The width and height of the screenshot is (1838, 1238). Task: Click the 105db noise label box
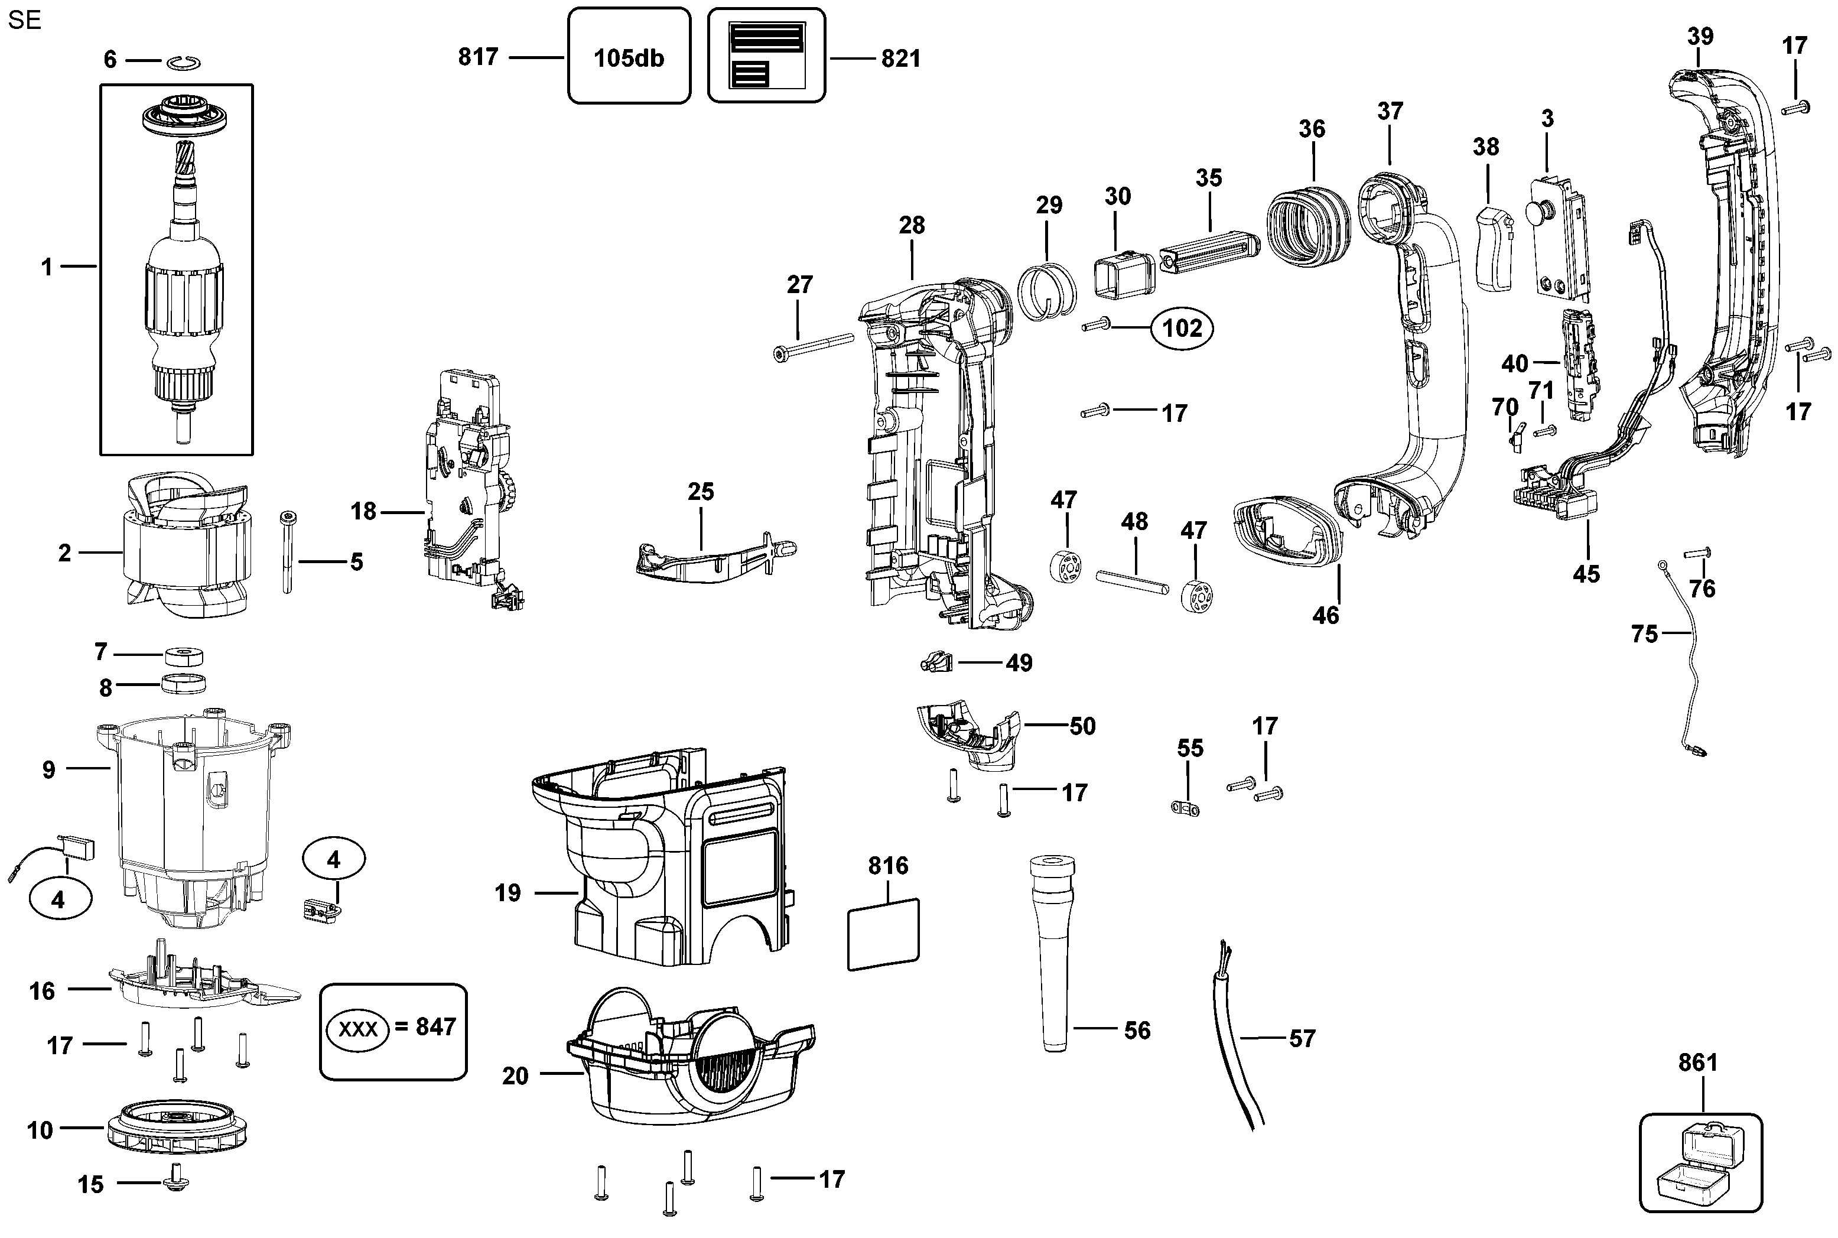[x=629, y=56]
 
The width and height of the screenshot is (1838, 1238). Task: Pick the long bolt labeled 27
[x=814, y=347]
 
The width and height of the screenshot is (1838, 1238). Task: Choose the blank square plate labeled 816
[x=883, y=934]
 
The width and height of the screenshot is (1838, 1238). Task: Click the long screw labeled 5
[x=287, y=552]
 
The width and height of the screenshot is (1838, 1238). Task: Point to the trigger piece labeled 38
[x=1494, y=248]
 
